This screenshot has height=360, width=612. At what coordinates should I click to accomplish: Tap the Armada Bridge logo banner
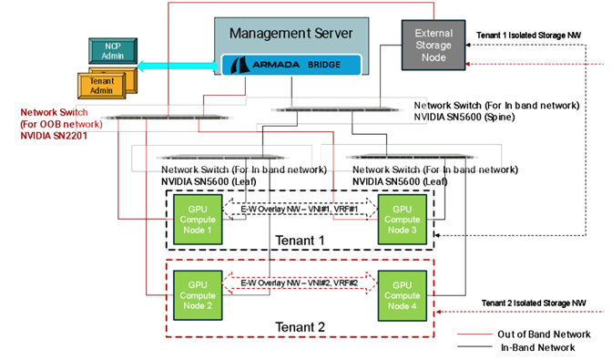click(291, 65)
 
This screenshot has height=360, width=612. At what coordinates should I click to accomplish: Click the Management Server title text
click(291, 34)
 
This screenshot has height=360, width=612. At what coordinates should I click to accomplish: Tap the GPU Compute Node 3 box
click(402, 220)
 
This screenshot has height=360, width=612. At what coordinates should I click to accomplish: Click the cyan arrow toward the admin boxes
click(178, 65)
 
